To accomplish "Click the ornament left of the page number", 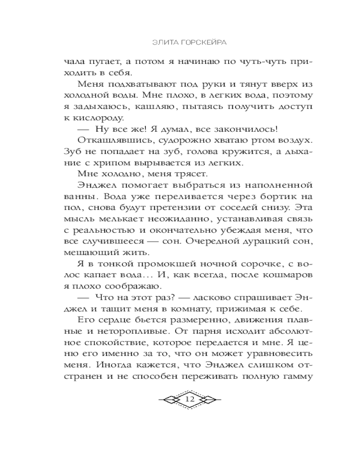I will pyautogui.click(x=168, y=399).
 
